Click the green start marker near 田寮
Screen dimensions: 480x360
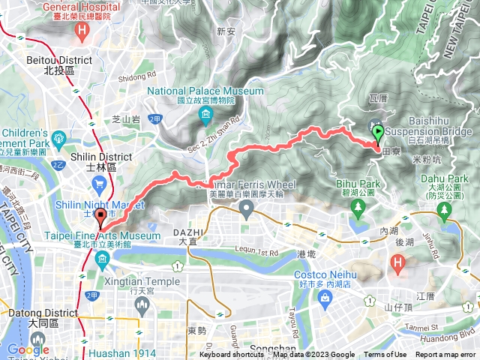[377, 134]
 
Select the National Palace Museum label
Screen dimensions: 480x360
[205, 91]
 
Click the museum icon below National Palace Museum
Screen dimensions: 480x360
[205, 114]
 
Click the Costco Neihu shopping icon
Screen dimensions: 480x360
[325, 298]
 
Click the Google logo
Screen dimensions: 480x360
[28, 349]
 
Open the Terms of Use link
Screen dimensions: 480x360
[385, 355]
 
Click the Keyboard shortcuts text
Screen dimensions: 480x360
[232, 355]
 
